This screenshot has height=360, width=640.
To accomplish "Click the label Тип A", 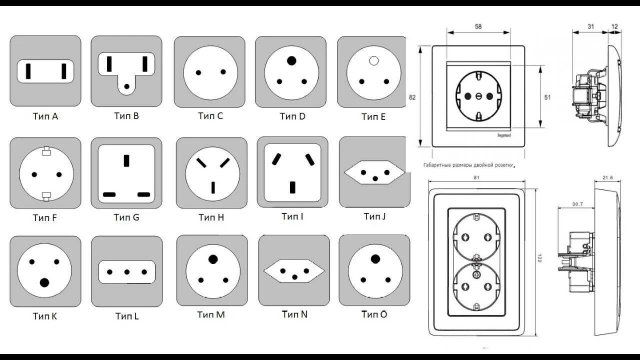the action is pos(45,116).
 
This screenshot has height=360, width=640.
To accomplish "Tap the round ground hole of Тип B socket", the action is pos(127,86).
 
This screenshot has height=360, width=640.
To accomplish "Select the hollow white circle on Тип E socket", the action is pos(373,61).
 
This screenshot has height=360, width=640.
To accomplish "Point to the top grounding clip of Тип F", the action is pos(46,149).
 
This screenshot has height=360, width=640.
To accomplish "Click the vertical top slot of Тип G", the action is pos(126,160).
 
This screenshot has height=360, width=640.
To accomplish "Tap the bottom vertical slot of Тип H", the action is pos(213,187).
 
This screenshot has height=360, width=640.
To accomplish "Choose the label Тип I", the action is pos(292,216).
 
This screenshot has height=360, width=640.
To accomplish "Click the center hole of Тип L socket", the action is pos(127,272).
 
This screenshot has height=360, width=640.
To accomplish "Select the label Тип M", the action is pos(211,314).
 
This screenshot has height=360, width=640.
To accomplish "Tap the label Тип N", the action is pos(294,314).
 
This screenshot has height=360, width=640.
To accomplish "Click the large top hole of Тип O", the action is pos(375,258).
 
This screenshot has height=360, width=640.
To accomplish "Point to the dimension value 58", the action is pos(478,26).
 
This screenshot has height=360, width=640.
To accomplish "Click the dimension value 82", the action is pos(412,97).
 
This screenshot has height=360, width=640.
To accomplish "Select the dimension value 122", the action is pos(539,258).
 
